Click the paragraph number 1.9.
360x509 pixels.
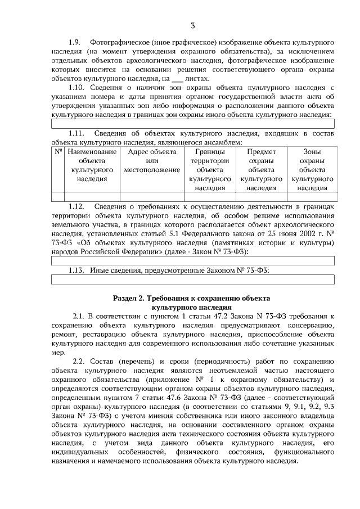pos(75,43)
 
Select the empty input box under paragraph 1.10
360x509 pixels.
pos(193,124)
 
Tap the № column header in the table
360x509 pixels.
pos(57,152)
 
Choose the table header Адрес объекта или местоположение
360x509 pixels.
pos(151,160)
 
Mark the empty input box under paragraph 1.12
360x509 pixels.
pos(193,260)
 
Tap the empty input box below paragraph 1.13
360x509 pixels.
pos(193,280)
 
